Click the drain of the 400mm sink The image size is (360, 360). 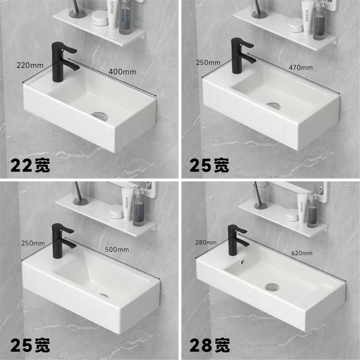pyautogui.click(x=99, y=115)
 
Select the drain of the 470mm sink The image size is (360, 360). pyautogui.click(x=273, y=105)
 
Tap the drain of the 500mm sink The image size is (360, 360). pyautogui.click(x=103, y=296)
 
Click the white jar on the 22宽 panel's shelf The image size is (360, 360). pyautogui.click(x=99, y=18)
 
